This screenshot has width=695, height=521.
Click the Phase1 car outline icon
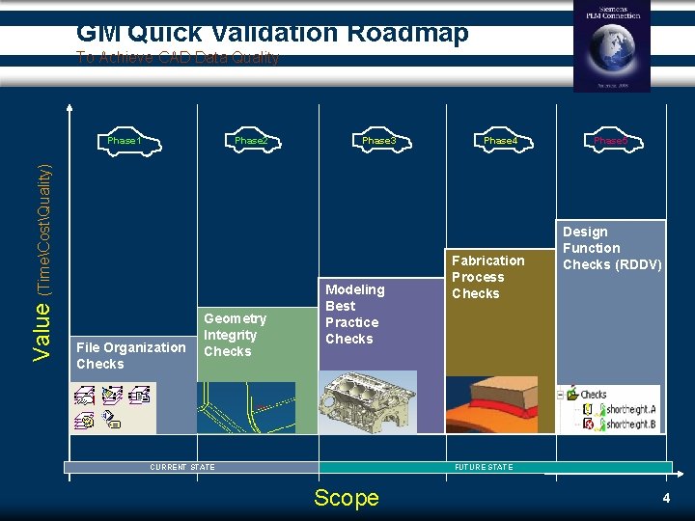tap(125, 142)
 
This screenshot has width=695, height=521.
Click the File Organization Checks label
tap(130, 355)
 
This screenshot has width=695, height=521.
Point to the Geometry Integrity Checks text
tap(235, 335)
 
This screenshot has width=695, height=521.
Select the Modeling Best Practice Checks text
tap(354, 314)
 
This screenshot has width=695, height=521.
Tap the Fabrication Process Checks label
tap(487, 277)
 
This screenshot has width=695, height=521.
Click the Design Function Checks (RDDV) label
tap(612, 248)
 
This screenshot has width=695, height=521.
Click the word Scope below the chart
tap(347, 498)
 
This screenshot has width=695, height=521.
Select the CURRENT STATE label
tap(182, 468)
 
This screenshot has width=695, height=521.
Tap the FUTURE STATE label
tap(484, 468)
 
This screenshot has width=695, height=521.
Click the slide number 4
tap(666, 498)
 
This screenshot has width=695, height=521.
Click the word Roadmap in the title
tap(406, 33)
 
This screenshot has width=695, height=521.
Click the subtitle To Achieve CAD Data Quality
tap(178, 58)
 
